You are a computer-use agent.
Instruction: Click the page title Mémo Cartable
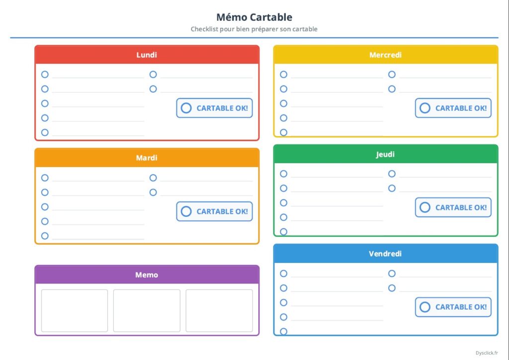point(254,17)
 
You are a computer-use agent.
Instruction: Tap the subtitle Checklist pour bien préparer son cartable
point(254,29)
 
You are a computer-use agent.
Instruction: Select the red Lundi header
point(147,55)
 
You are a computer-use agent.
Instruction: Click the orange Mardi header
point(147,158)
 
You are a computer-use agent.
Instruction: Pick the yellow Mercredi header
point(386,55)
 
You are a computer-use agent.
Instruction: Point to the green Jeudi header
point(386,154)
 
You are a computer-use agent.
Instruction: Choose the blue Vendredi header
point(386,254)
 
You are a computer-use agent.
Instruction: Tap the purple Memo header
point(147,274)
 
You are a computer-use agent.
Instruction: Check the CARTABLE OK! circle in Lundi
point(186,108)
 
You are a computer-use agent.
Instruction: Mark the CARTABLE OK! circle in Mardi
point(186,211)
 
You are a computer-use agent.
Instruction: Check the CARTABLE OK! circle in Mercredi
point(425,108)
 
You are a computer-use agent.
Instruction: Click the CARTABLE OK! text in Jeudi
point(461,207)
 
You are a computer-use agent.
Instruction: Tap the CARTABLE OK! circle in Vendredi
point(425,307)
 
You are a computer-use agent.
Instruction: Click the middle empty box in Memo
point(147,311)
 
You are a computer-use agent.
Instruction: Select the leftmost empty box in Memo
point(75,311)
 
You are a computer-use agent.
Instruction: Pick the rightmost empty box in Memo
point(219,311)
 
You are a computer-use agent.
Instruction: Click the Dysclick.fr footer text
point(487,353)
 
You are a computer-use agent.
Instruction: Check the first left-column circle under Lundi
point(45,75)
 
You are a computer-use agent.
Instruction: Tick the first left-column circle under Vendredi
point(284,273)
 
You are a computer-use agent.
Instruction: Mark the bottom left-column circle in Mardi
point(45,236)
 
